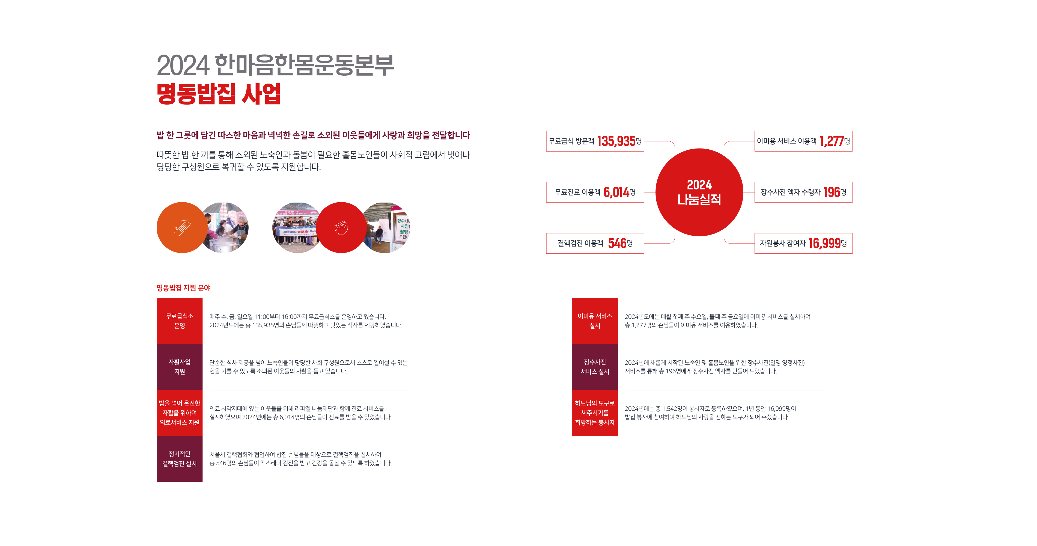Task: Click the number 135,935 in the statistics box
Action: click(616, 141)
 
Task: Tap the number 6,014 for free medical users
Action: click(616, 192)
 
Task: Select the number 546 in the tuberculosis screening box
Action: click(617, 243)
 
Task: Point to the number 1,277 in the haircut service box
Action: click(831, 141)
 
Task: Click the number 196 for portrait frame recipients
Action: click(832, 192)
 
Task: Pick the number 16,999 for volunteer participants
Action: click(824, 243)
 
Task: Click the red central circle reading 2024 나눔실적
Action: click(699, 192)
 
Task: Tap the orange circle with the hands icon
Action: click(181, 227)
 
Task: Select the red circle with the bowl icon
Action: click(341, 227)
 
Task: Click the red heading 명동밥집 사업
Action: click(218, 94)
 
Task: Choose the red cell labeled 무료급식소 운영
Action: click(180, 321)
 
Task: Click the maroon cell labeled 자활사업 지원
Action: click(180, 367)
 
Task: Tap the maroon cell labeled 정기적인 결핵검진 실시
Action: click(180, 459)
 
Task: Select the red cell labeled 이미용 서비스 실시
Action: click(595, 321)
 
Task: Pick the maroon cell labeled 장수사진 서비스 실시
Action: click(595, 367)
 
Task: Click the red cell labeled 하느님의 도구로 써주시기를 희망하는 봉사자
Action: click(595, 413)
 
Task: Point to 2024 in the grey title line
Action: click(183, 65)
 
